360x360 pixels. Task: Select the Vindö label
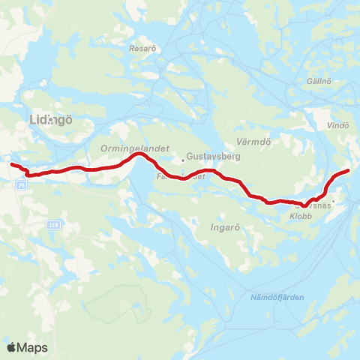[x=339, y=125]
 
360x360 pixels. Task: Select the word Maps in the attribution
[x=33, y=347]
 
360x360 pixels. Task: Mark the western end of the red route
[x=11, y=163]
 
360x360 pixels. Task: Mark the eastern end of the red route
[x=348, y=171]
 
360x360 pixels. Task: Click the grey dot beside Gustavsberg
[x=183, y=159]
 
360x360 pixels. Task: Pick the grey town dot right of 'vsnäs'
[x=334, y=200]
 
